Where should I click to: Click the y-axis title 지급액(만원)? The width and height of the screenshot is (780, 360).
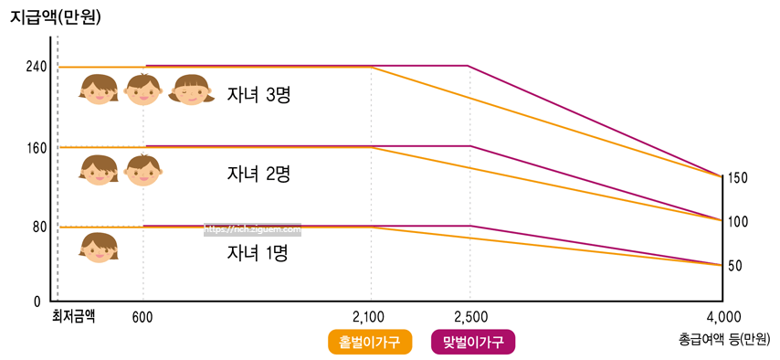[x=55, y=16]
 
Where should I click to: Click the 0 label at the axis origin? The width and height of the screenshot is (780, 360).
[x=37, y=302]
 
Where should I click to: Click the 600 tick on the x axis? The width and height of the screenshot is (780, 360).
[x=143, y=316]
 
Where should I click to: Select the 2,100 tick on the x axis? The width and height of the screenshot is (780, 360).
[x=370, y=316]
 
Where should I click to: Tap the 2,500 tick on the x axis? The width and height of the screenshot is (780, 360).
[x=469, y=316]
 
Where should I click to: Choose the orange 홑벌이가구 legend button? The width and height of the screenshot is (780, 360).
[x=370, y=342]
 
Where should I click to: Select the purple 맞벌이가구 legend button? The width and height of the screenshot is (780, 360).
[x=472, y=342]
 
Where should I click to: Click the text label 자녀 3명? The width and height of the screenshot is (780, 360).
[x=258, y=95]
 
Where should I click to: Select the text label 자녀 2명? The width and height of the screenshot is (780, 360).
[x=258, y=174]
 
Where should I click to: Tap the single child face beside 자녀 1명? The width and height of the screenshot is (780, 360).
[x=99, y=249]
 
